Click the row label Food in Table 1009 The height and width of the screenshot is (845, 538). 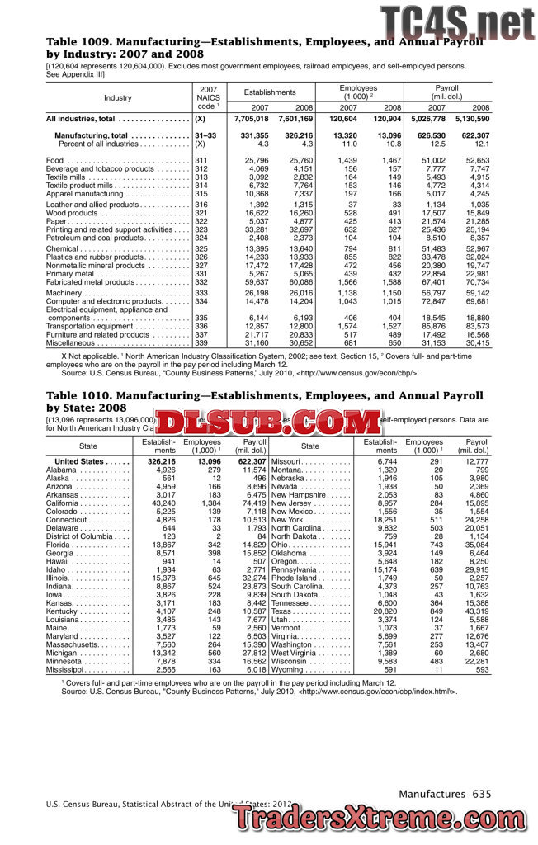coord(55,160)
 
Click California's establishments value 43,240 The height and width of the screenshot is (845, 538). coord(159,503)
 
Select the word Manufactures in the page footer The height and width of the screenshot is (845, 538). coord(432,794)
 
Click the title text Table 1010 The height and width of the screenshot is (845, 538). coord(80,396)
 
